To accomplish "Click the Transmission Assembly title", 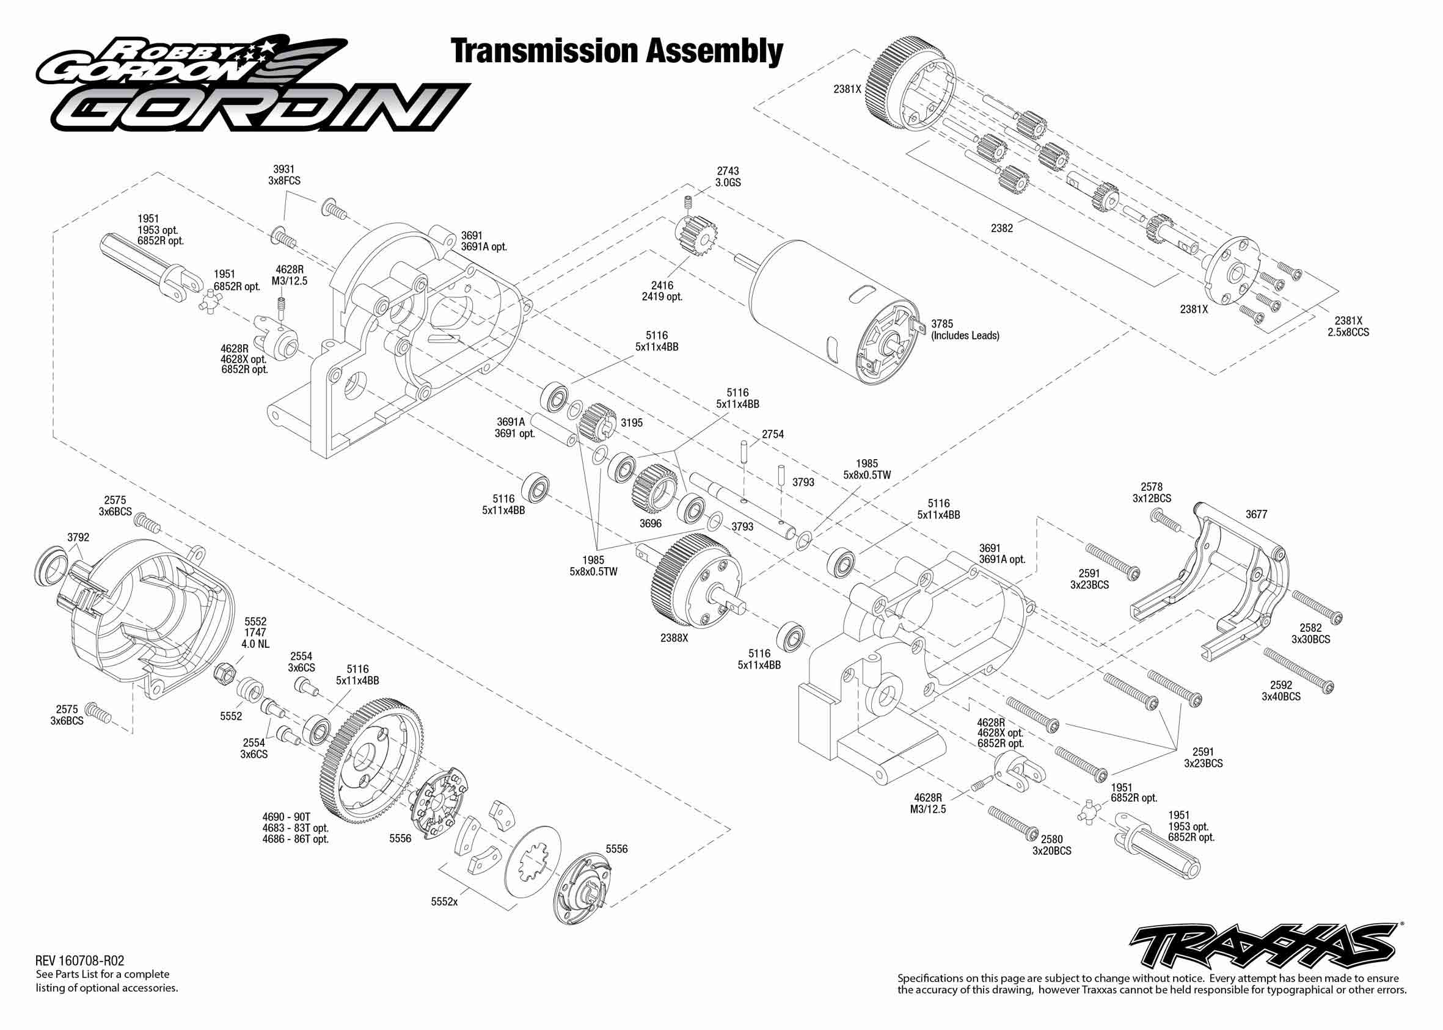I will pyautogui.click(x=616, y=51).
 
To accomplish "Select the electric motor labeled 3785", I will pyautogui.click(x=831, y=311).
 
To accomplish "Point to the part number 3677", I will pyautogui.click(x=1256, y=514).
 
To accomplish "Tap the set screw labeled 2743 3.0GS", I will pyautogui.click(x=688, y=204).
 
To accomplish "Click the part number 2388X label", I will pyautogui.click(x=674, y=638).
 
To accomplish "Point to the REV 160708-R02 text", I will pyautogui.click(x=80, y=961).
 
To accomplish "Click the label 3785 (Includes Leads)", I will pyautogui.click(x=965, y=330).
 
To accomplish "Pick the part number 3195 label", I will pyautogui.click(x=632, y=423).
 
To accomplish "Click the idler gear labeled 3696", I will pyautogui.click(x=655, y=488).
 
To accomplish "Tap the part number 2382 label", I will pyautogui.click(x=1001, y=228).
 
